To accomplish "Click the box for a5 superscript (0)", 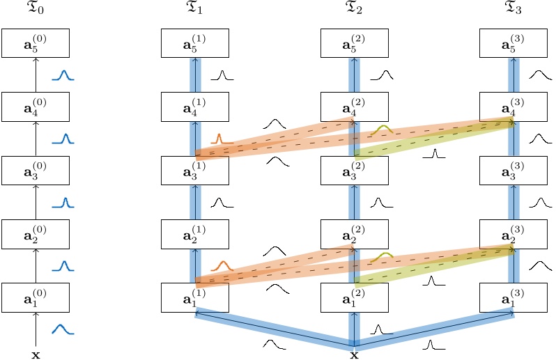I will (x=36, y=43).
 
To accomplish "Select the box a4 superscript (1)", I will (x=195, y=107).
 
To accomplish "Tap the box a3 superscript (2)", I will (x=355, y=170).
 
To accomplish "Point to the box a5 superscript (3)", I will (x=514, y=43).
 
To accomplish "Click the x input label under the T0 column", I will (x=36, y=354).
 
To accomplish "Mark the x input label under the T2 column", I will (x=354, y=354).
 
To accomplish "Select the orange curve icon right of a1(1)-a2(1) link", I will (x=221, y=265).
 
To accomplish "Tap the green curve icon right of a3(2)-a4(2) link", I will (x=381, y=130).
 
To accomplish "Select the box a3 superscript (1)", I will (x=195, y=170).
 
